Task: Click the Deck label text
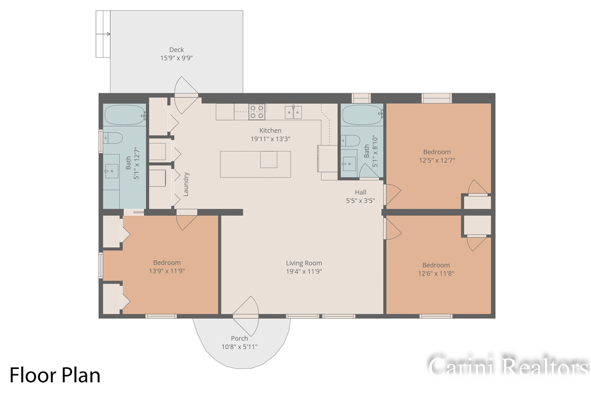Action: (x=176, y=50)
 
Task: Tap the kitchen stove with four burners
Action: (x=257, y=112)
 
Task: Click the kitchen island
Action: (x=255, y=164)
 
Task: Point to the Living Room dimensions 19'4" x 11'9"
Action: (x=303, y=272)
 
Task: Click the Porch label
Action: (x=239, y=339)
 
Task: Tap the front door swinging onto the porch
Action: (x=247, y=316)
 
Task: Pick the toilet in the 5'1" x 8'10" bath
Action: (x=350, y=140)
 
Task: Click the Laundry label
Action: (x=186, y=184)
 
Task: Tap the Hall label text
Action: (x=361, y=192)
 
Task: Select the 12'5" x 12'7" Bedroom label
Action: (x=437, y=152)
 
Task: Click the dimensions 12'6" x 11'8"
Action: (x=436, y=273)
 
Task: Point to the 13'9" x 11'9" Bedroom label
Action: (x=167, y=263)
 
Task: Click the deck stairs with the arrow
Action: (x=103, y=34)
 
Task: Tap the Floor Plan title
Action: (x=55, y=375)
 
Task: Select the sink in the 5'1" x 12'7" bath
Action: (x=111, y=171)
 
